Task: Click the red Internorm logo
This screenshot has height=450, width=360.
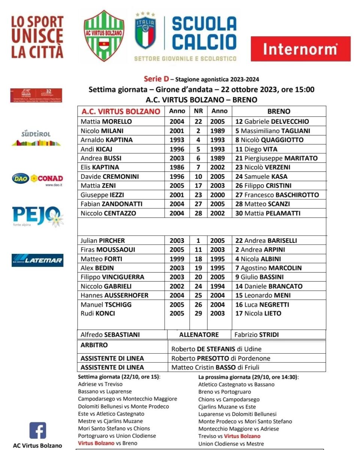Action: (300, 49)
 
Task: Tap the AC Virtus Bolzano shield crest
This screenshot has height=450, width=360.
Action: (104, 35)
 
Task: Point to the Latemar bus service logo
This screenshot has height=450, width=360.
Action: (37, 260)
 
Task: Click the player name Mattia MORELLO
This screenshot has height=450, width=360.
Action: (106, 121)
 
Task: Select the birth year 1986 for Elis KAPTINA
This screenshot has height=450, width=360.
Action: (177, 167)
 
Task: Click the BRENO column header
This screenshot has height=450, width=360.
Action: (279, 111)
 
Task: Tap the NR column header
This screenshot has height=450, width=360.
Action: (198, 111)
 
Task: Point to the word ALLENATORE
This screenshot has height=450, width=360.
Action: (199, 334)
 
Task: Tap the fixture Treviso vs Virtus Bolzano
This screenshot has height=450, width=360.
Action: (229, 436)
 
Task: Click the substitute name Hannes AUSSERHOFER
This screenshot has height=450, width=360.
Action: (114, 295)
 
